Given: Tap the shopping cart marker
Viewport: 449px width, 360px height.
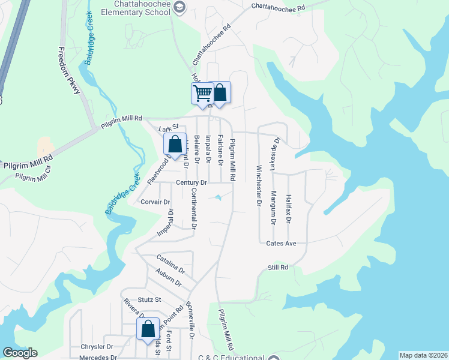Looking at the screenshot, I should coord(202,93).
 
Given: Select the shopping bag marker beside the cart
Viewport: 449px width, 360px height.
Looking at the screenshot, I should coord(220,93).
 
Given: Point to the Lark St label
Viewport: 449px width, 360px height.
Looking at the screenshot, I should coord(169,128).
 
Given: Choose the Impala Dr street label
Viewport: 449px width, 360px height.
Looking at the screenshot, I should coord(208,149).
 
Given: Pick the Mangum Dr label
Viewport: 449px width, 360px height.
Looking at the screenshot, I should coord(273,207).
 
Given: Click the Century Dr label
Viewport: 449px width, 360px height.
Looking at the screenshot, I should coord(191,182).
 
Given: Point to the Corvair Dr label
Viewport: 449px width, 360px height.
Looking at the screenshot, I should coord(155,202).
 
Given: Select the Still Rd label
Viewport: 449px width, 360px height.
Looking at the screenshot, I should coord(278,267).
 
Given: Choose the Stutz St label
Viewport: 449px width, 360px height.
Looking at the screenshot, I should coord(149,299).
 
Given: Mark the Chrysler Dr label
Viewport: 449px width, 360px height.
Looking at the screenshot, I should coord(97,347).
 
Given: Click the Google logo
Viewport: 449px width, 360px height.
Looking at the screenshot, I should coord(20,353).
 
